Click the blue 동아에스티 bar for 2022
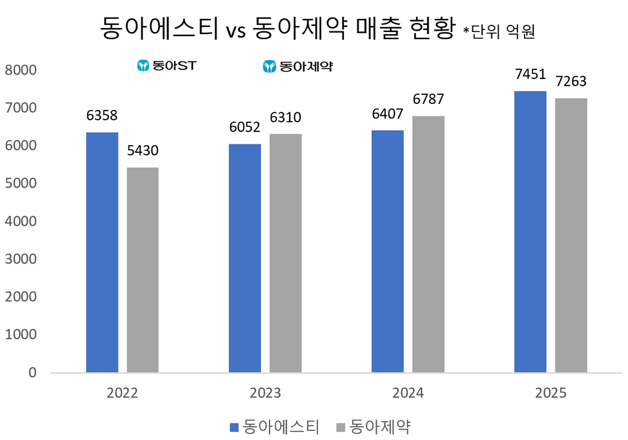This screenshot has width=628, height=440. point(102,252)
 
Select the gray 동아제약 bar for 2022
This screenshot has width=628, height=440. point(143,270)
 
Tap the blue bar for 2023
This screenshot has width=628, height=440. point(245,258)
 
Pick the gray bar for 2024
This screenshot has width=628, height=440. point(428,245)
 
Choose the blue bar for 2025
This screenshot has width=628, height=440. point(530,232)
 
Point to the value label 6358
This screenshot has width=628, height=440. point(102,116)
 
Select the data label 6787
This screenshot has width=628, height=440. point(428,100)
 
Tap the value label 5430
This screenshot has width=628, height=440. point(143,151)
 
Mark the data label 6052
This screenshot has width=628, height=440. point(245,127)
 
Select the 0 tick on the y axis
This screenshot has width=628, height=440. point(32,373)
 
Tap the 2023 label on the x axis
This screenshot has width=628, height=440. point(265,394)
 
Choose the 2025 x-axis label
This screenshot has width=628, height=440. point(550,394)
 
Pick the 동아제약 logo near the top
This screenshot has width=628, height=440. point(298,66)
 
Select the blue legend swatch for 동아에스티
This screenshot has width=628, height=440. point(234,428)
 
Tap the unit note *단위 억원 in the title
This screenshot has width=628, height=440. point(499,31)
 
